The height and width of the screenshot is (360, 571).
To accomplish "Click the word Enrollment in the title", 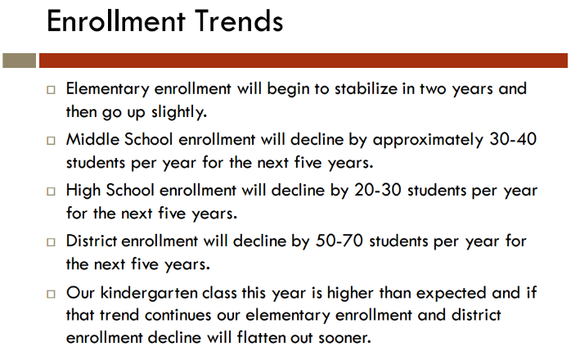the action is click(x=116, y=21).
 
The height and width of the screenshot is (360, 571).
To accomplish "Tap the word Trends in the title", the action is click(x=239, y=21).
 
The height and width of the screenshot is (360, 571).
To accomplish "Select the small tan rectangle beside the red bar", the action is click(x=20, y=61).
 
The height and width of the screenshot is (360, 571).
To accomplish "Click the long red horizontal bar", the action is click(x=303, y=61).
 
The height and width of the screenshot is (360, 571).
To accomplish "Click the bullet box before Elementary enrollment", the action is click(x=51, y=90).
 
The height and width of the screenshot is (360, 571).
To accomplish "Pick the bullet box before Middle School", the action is click(x=51, y=140).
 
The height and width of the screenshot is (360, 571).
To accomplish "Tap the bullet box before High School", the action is click(x=51, y=191).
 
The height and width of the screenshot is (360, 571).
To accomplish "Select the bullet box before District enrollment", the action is click(x=51, y=242).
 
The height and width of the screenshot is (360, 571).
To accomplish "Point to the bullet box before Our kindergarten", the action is click(x=51, y=294).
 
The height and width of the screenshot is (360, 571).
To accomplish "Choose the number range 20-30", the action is click(x=378, y=190).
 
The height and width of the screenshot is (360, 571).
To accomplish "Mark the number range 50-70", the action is click(x=339, y=241).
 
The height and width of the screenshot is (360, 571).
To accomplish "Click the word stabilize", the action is click(x=366, y=88).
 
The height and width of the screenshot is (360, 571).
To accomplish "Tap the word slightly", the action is click(x=179, y=112).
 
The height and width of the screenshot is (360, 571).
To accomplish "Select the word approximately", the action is click(x=428, y=140).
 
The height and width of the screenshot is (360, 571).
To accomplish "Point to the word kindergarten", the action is click(x=149, y=294).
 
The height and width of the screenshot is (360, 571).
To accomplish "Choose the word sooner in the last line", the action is click(x=344, y=338).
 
